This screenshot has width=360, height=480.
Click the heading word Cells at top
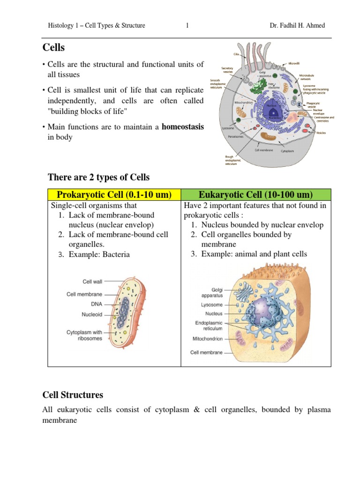(54, 48)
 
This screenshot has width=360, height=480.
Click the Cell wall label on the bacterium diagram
(92, 281)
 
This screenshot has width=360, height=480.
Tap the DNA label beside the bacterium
(97, 304)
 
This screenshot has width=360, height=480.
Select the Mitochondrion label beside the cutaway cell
(208, 338)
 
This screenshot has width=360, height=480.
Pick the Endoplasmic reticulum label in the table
(209, 326)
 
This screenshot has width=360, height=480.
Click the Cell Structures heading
(73, 395)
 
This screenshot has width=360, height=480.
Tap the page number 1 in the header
(187, 26)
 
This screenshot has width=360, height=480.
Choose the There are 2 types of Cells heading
(99, 177)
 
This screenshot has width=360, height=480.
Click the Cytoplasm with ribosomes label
(84, 335)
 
